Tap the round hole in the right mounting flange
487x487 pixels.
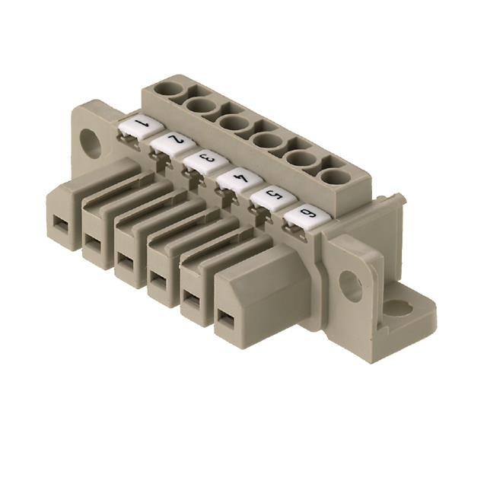tap(350, 286)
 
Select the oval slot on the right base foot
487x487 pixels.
tap(396, 308)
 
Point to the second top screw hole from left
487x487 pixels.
tap(202, 107)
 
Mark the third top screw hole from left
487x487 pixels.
tap(234, 123)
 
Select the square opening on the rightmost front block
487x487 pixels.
tap(226, 317)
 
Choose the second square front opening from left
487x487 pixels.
tap(92, 243)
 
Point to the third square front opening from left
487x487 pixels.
tap(124, 262)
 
